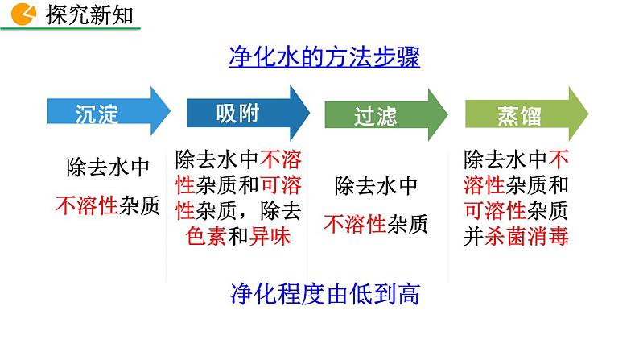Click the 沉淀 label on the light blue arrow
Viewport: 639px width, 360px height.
97,114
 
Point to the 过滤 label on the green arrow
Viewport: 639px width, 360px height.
376,116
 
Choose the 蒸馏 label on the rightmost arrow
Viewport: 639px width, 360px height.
514,116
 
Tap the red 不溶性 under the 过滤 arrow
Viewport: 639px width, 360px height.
355,223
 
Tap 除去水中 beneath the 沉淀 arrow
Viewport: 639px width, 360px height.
108,168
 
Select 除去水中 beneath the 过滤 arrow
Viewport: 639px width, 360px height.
377,185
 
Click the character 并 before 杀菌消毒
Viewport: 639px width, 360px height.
474,237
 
